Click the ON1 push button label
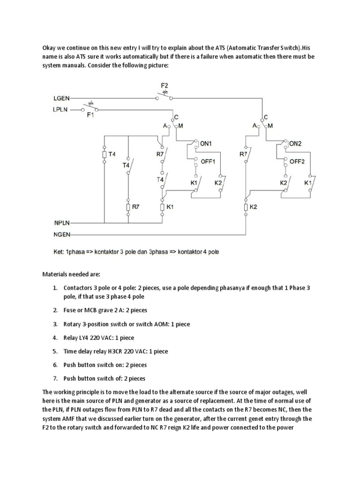coord(207,144)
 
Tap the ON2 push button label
coord(295,144)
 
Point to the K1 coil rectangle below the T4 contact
coord(162,207)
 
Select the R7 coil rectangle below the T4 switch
coord(128,207)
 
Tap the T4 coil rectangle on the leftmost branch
coord(104,154)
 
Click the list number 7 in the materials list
coord(55,378)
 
